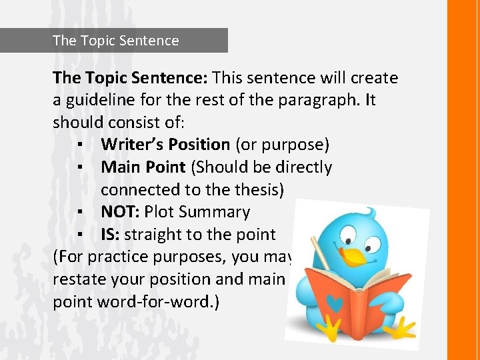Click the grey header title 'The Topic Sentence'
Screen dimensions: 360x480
coord(115,41)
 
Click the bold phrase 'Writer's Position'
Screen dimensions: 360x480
coord(165,145)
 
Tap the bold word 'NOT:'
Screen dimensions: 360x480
coord(120,212)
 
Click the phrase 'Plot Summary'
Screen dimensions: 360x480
coord(197,212)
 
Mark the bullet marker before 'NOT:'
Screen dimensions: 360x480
coord(79,213)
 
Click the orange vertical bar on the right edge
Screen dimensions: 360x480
coord(463,180)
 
